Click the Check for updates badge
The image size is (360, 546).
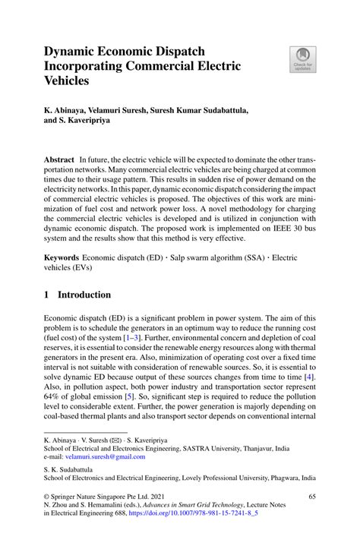point(303,59)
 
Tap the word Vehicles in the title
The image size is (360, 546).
point(67,80)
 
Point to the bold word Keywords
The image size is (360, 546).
point(61,259)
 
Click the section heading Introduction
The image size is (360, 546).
point(84,295)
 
